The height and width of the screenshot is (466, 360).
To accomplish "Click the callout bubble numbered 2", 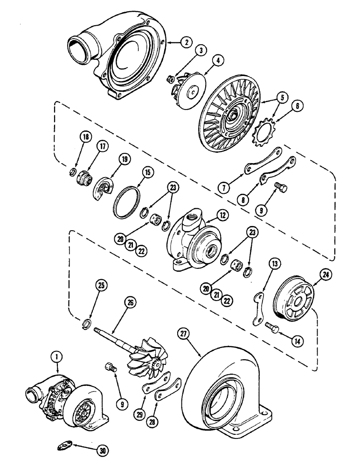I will [x=186, y=42].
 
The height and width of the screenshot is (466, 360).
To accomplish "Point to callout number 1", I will [x=55, y=356].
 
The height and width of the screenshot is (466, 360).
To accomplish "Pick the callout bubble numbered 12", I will [x=222, y=215].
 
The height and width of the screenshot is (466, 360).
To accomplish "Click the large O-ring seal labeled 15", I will [x=127, y=202].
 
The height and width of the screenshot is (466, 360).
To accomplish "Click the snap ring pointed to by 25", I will [x=86, y=324].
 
